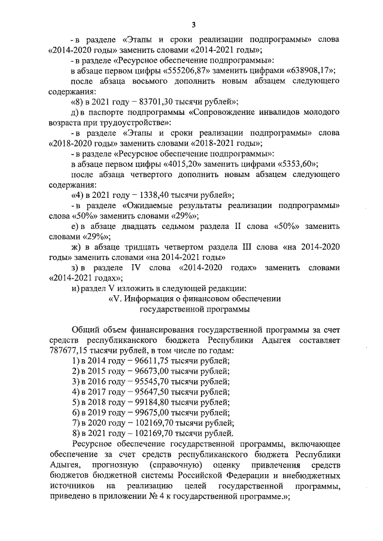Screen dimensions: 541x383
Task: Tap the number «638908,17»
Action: click(310, 71)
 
